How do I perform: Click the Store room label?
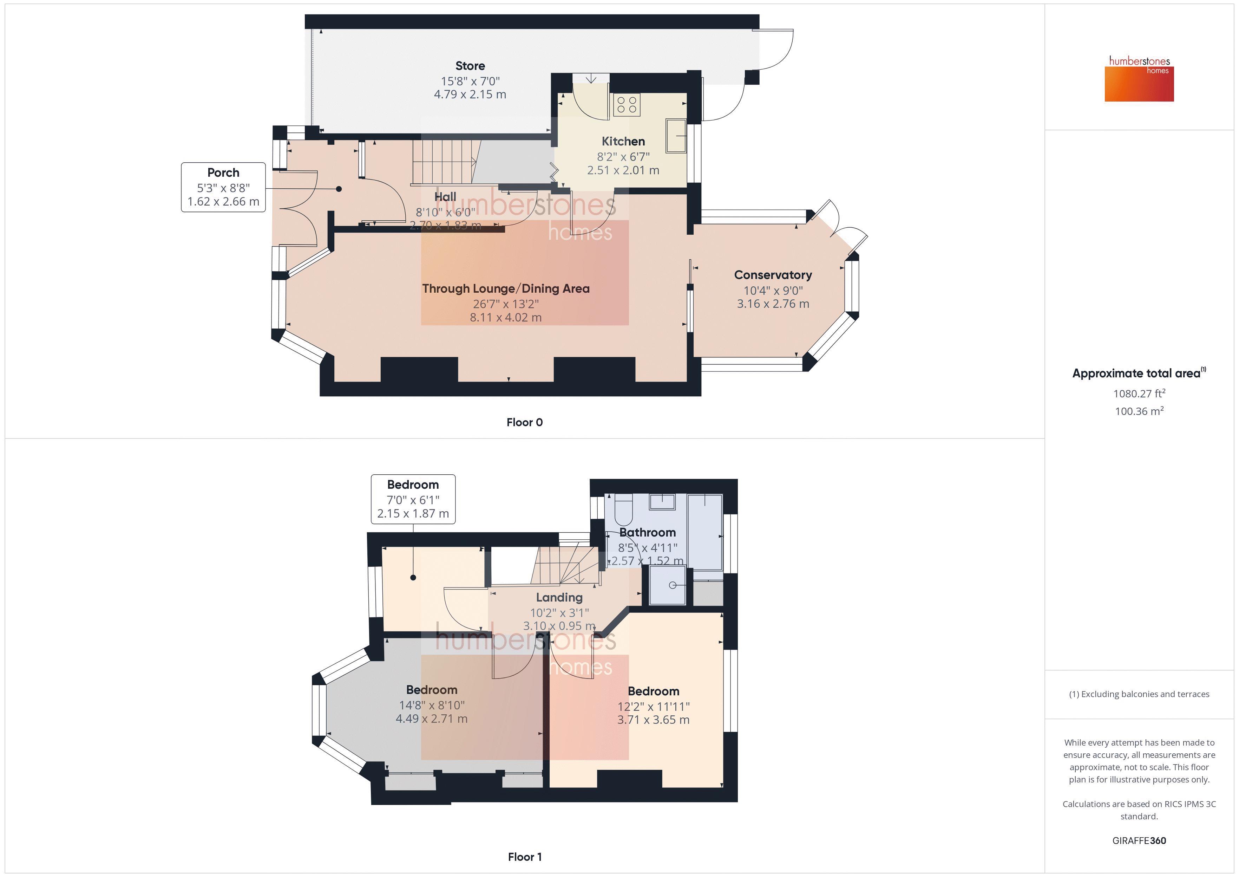point(470,66)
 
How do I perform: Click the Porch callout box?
point(223,187)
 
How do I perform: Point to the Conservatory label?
point(773,275)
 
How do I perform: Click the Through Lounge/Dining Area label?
point(506,288)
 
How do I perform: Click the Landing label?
point(559,597)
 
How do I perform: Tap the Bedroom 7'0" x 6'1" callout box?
point(413,499)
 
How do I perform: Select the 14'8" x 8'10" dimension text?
point(432,705)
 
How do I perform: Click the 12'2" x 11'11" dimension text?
point(654,706)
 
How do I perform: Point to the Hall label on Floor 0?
point(445,196)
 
